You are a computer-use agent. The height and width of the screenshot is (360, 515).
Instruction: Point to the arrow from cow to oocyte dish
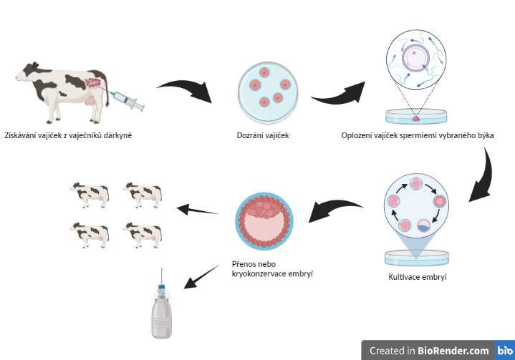pos(185,92)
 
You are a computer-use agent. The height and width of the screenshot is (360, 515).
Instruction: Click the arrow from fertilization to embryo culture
pos(482,175)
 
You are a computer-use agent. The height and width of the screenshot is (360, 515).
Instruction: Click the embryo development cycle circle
pos(417,205)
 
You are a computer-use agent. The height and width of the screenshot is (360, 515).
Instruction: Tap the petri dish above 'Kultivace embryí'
pos(416,255)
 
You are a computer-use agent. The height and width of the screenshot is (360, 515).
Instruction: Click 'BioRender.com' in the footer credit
pos(454,351)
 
